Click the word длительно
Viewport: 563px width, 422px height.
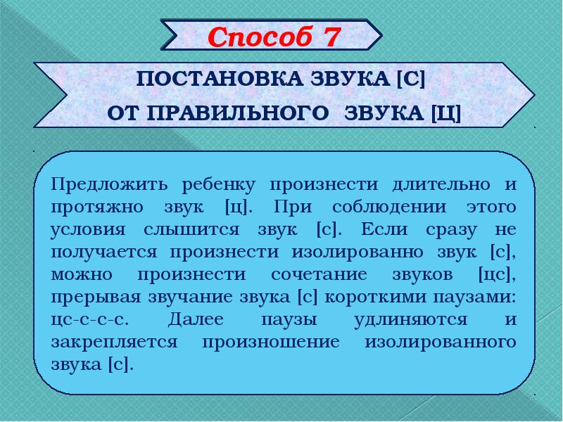pyautogui.click(x=424, y=186)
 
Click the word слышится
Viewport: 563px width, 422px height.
pyautogui.click(x=190, y=230)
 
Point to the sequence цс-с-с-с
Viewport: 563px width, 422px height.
pyautogui.click(x=89, y=319)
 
